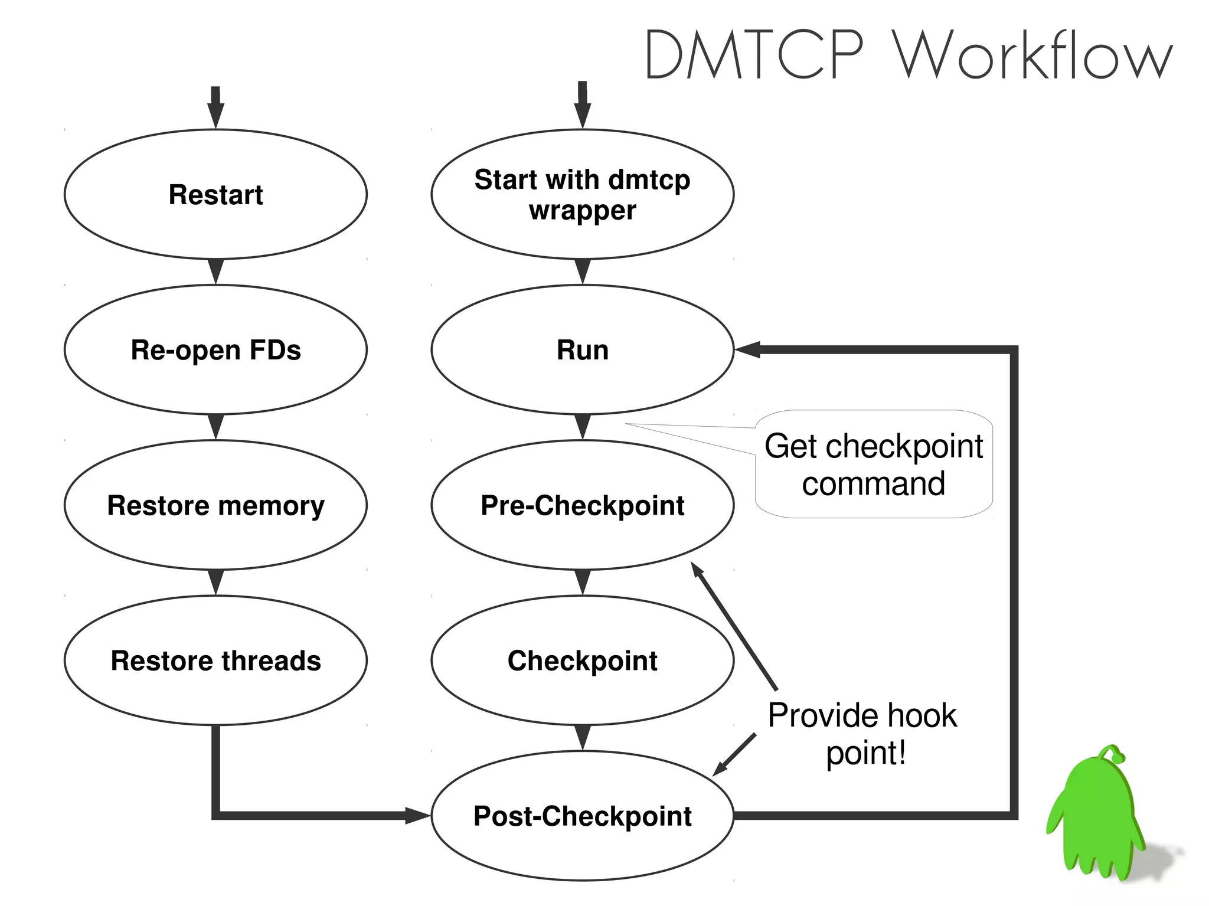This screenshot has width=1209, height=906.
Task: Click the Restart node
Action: (x=215, y=194)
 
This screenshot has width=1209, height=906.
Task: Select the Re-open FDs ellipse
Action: (x=215, y=349)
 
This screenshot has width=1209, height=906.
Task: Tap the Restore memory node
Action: (x=215, y=505)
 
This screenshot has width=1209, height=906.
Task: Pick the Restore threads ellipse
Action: (x=215, y=660)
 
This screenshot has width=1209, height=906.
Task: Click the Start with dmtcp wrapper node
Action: (x=582, y=194)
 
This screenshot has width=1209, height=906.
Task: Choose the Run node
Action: (x=582, y=349)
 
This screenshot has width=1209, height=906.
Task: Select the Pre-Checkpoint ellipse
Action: (x=582, y=505)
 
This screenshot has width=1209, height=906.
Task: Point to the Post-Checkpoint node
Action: (x=582, y=816)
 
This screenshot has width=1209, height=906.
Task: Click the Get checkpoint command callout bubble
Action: (x=874, y=465)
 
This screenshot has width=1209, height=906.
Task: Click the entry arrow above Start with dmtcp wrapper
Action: (x=583, y=106)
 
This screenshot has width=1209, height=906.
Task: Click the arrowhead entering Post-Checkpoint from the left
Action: (x=417, y=816)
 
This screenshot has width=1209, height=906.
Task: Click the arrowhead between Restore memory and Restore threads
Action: (x=216, y=582)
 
